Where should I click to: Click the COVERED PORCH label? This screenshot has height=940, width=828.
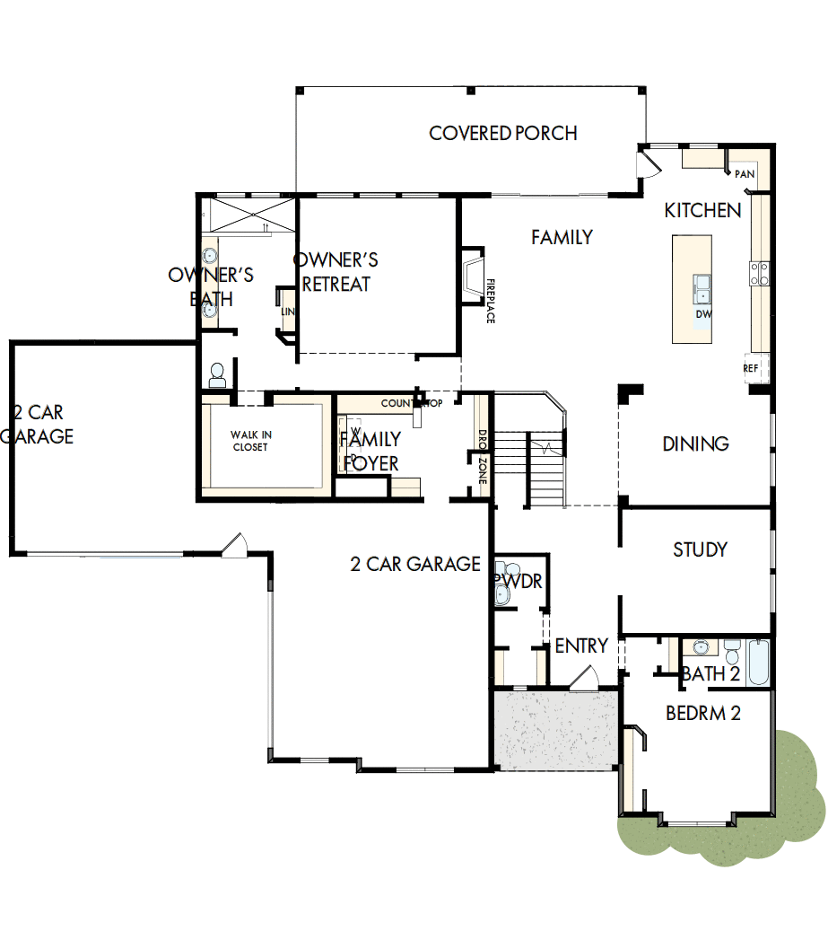click(x=502, y=134)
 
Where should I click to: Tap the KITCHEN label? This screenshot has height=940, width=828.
click(x=702, y=210)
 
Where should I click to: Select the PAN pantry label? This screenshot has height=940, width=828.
click(x=745, y=174)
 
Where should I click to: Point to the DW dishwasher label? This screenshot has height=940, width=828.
click(x=703, y=315)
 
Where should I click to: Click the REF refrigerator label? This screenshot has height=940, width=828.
click(x=751, y=368)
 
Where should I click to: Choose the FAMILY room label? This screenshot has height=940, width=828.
click(x=562, y=237)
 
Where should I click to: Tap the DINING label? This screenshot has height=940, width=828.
click(x=695, y=444)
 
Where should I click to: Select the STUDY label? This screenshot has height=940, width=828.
click(x=700, y=549)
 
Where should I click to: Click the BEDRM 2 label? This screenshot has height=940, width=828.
click(x=702, y=714)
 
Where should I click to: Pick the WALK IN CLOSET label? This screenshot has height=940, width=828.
click(x=250, y=441)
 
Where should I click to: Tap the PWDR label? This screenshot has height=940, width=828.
click(x=519, y=582)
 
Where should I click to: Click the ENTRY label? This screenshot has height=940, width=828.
click(x=581, y=646)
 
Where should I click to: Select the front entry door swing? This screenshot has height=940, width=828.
click(x=585, y=677)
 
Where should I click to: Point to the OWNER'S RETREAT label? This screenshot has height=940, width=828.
click(x=336, y=272)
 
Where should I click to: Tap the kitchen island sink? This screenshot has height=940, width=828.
click(x=702, y=288)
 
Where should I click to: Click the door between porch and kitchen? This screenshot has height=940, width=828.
click(x=649, y=164)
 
